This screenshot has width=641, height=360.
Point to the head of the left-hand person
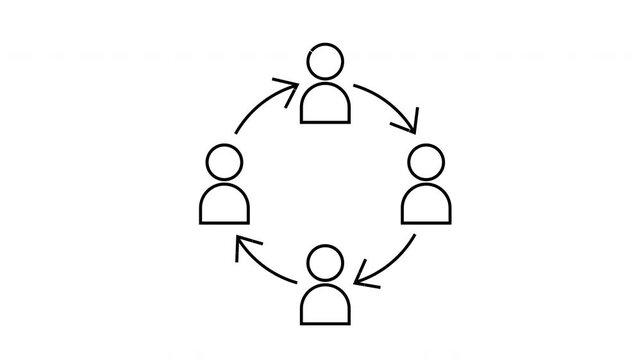[224, 161]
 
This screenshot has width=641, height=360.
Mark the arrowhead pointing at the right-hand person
[410, 129]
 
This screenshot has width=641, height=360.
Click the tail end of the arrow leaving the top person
[357, 86]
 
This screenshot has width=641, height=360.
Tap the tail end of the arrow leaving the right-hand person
[414, 236]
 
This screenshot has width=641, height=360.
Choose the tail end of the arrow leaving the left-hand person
[235, 133]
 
